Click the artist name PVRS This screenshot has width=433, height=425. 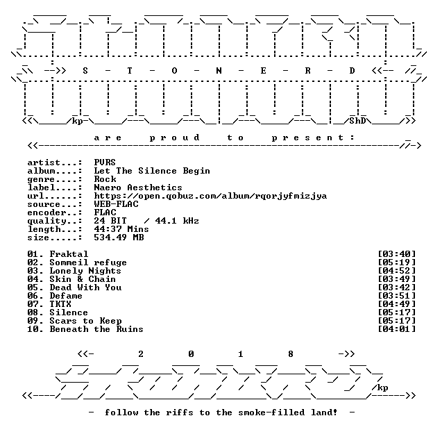[105, 162]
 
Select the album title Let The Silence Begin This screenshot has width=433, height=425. [152, 171]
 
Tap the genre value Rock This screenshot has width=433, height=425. [105, 179]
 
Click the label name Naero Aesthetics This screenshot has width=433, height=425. [138, 187]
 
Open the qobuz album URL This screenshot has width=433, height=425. [210, 196]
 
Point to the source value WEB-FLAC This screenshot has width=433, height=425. [116, 204]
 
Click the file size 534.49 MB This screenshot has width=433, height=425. [119, 237]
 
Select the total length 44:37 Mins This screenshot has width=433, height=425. [121, 229]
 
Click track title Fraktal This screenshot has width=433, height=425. [69, 254]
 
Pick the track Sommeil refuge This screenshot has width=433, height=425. [88, 262]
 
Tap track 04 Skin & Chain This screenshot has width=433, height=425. [71, 279]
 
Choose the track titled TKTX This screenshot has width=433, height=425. [60, 304]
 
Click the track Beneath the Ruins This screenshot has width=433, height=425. [96, 329]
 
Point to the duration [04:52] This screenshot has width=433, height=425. [396, 271]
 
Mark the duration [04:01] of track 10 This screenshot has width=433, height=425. [396, 329]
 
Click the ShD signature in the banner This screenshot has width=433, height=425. [357, 121]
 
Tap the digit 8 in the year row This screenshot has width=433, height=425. [291, 354]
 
